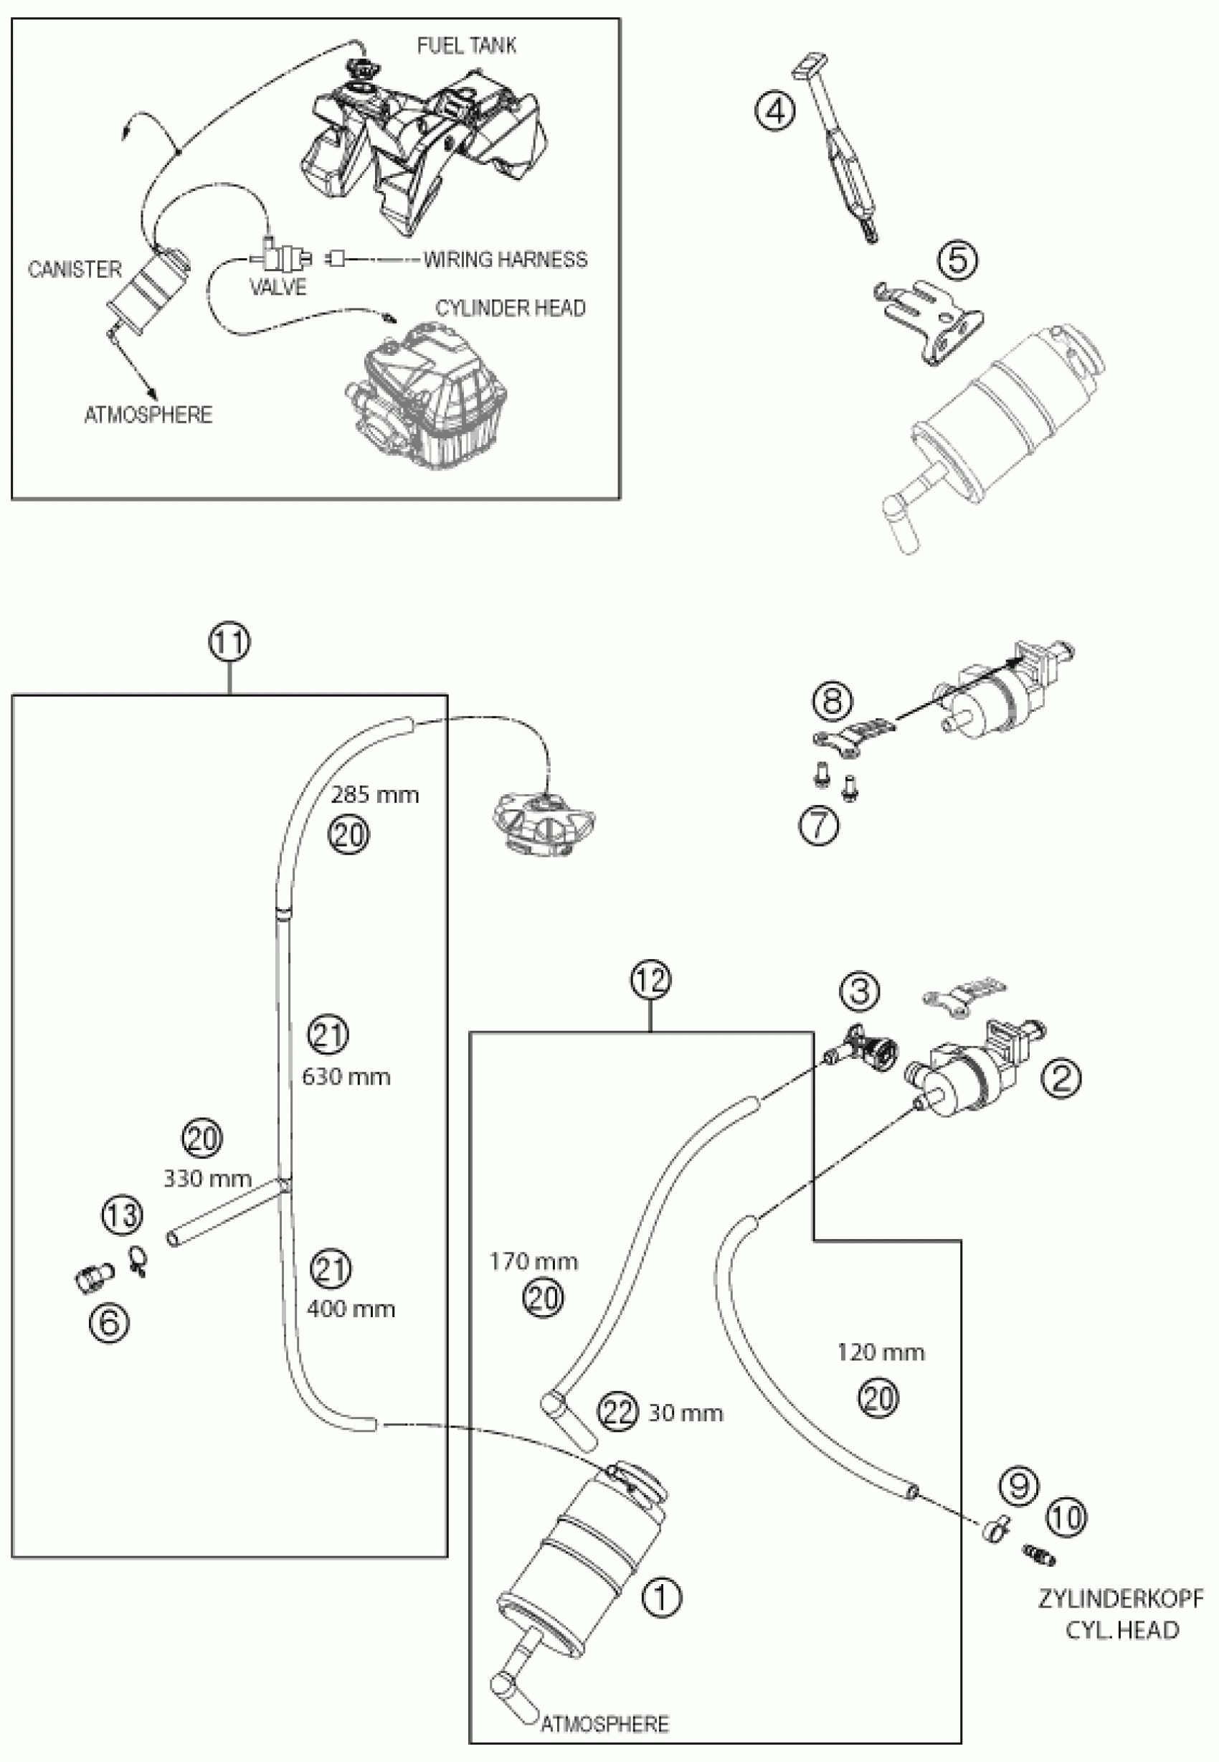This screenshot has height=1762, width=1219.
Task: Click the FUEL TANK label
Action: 466,46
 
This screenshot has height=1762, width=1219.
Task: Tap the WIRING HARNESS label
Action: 506,260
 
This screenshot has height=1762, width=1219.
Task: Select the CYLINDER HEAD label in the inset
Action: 511,308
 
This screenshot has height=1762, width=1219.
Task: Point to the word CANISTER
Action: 75,269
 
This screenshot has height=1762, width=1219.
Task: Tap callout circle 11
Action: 230,643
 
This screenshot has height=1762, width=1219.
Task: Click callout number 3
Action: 859,991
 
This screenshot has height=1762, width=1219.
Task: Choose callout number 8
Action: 832,702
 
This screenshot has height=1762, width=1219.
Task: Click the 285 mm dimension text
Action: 374,796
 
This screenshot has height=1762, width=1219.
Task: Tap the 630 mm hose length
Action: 346,1078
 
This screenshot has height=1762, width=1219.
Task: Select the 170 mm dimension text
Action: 533,1261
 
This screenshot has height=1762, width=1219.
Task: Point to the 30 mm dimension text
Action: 685,1413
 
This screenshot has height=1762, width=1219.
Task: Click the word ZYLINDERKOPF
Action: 1121,1598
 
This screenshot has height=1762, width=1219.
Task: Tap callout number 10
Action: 1066,1517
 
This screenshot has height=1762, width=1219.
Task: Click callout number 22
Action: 618,1412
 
